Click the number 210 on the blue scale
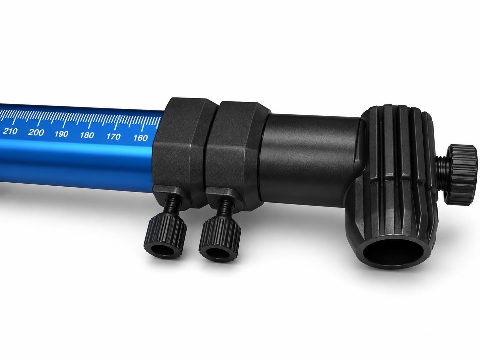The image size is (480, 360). (10, 131)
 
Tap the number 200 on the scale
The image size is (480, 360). (36, 133)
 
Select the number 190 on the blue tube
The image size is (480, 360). (62, 134)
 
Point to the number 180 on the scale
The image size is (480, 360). (87, 135)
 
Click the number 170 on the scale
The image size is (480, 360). (113, 137)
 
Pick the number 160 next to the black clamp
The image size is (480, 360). (141, 138)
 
